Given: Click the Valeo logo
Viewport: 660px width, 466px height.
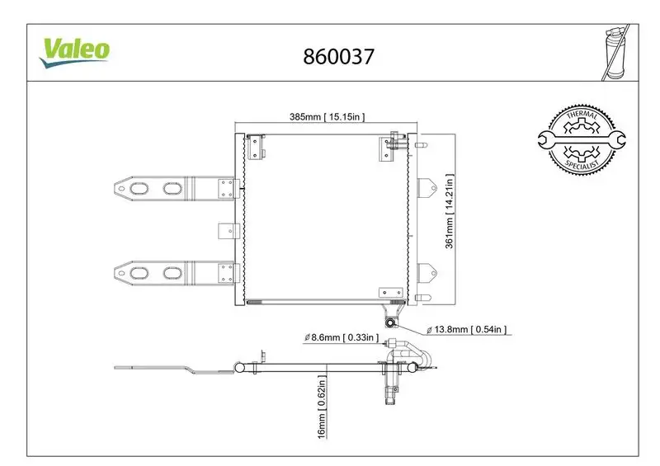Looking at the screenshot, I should click(75, 49).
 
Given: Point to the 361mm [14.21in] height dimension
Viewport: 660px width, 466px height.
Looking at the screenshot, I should click(450, 211).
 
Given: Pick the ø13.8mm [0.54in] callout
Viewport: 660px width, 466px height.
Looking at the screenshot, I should click(466, 330).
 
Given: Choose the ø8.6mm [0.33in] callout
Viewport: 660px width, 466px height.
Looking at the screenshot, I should click(340, 337).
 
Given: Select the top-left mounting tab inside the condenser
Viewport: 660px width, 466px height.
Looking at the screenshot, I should click(256, 148).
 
